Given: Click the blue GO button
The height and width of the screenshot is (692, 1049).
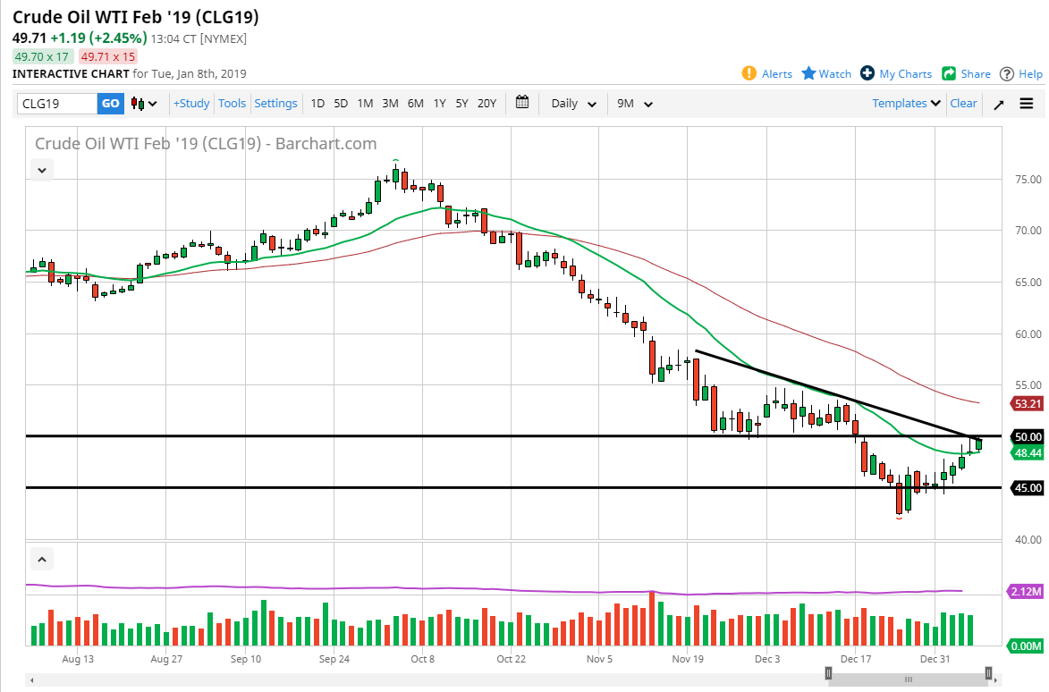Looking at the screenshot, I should [x=110, y=104].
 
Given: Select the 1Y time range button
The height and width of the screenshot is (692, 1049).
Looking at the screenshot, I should [x=439, y=104].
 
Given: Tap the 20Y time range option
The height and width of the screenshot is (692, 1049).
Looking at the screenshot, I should [x=486, y=104].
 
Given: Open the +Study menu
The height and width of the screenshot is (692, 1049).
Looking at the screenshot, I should [x=191, y=104].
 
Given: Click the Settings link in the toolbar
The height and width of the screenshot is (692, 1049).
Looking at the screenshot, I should [x=275, y=104].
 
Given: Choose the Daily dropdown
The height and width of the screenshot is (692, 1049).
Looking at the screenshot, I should [x=573, y=104].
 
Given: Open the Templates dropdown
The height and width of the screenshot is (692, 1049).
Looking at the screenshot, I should [x=907, y=104].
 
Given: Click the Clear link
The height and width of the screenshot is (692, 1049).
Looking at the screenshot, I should [x=963, y=104].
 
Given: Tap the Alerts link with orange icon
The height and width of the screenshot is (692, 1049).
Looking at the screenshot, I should [x=767, y=74].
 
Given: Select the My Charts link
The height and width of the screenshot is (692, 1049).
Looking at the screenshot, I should [x=896, y=74].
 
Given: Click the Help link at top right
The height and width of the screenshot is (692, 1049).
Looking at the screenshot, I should [x=1021, y=74].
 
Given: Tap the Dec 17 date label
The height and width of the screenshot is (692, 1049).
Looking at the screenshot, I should [x=855, y=659].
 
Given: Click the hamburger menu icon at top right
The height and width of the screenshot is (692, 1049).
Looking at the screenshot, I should [x=1027, y=104].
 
